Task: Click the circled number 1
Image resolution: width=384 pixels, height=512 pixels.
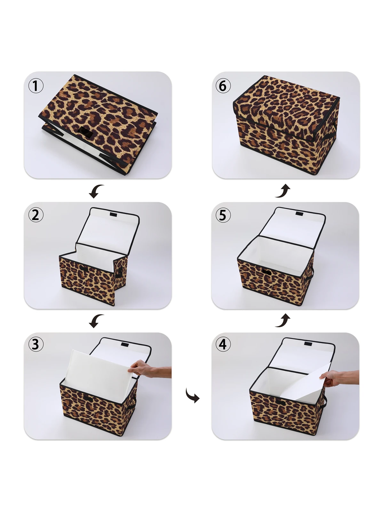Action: pyautogui.click(x=36, y=86)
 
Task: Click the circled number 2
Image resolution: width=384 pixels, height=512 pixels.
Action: pyautogui.click(x=36, y=215)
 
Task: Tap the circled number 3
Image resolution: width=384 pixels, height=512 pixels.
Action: pyautogui.click(x=36, y=345)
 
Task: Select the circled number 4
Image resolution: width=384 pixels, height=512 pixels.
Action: pyautogui.click(x=223, y=345)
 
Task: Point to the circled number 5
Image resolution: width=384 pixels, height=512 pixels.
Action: pyautogui.click(x=223, y=215)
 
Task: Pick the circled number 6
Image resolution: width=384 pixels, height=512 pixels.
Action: pyautogui.click(x=223, y=86)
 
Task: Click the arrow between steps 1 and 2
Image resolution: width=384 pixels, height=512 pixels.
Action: pyautogui.click(x=96, y=191)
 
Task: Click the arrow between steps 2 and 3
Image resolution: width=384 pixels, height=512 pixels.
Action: pyautogui.click(x=96, y=321)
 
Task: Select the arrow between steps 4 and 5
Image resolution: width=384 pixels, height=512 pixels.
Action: pyautogui.click(x=283, y=321)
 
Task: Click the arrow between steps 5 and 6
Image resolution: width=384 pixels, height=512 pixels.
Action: pyautogui.click(x=283, y=191)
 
